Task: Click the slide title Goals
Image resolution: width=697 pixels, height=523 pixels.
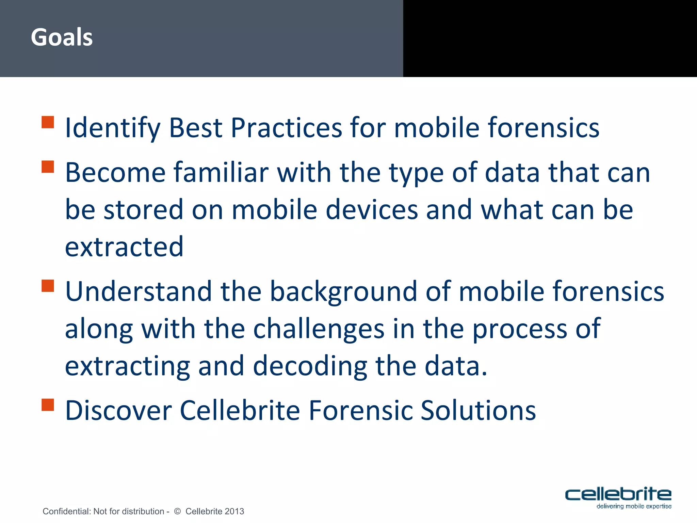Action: (62, 37)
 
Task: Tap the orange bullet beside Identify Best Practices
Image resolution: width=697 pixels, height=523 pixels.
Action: (48, 122)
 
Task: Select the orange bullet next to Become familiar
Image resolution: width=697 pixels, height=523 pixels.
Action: (48, 167)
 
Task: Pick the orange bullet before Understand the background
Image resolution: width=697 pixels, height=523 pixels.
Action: (48, 286)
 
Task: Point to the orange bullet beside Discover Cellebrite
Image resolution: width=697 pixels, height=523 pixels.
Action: (48, 405)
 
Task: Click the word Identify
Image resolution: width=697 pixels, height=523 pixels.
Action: (113, 128)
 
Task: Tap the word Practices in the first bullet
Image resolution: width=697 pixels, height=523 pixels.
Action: (286, 128)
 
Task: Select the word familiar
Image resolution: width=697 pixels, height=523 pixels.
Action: (221, 173)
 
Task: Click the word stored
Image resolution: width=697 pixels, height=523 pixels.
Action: (143, 210)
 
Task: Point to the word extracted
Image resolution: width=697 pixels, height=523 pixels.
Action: (124, 247)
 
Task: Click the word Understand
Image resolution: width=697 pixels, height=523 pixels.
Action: (139, 291)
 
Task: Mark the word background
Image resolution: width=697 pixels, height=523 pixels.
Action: (343, 292)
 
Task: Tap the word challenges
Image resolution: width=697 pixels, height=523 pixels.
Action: (319, 329)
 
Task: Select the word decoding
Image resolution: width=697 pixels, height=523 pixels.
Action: (310, 366)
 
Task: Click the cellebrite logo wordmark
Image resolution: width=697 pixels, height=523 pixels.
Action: (618, 494)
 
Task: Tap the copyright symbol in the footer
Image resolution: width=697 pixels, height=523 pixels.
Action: (177, 511)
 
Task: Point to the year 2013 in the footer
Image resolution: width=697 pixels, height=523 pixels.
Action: (234, 511)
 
